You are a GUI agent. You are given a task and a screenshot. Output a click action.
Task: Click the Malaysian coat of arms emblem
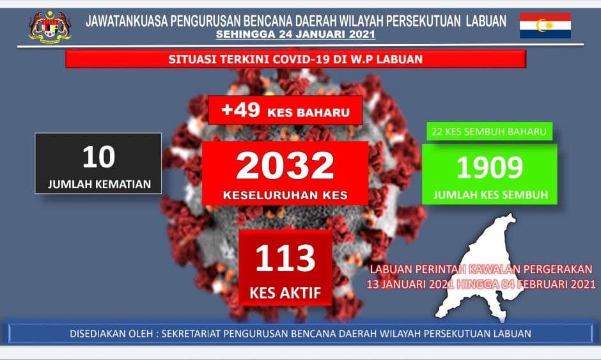(51, 27)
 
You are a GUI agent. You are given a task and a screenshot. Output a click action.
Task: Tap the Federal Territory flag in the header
(545, 26)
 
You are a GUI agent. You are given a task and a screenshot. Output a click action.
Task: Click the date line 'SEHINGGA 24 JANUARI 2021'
(295, 34)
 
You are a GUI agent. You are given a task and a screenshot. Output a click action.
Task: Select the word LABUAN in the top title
(486, 20)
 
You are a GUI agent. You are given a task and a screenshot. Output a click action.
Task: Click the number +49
(240, 110)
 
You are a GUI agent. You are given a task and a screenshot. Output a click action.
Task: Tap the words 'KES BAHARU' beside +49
(309, 113)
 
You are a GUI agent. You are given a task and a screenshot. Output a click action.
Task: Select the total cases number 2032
(285, 165)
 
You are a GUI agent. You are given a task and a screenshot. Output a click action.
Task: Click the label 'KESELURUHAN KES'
(285, 195)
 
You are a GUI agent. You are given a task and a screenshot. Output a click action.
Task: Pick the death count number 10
(98, 157)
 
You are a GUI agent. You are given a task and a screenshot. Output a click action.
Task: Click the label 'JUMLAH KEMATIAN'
(99, 184)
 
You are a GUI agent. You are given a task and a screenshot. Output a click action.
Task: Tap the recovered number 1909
(490, 168)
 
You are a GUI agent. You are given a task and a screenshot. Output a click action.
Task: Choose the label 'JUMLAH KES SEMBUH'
(490, 195)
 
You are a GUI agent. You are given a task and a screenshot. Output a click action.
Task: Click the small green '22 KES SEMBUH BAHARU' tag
(489, 132)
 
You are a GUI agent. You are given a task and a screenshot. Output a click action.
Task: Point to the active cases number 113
(285, 258)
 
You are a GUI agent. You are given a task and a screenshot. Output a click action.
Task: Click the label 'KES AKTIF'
(285, 293)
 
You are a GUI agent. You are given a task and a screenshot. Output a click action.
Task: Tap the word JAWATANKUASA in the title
(127, 20)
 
